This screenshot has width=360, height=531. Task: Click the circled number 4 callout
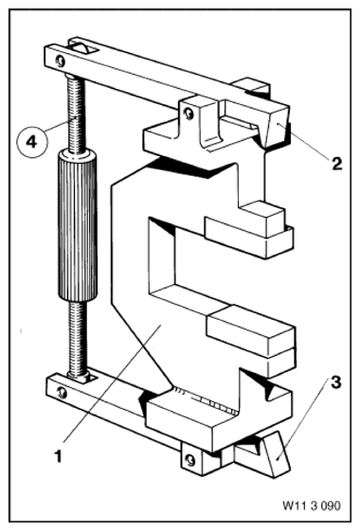click(x=32, y=142)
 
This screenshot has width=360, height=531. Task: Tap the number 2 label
click(x=336, y=165)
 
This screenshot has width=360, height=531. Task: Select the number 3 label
click(x=335, y=383)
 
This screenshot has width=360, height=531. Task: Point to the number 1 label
click(x=59, y=456)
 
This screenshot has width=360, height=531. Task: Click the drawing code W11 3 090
click(x=311, y=505)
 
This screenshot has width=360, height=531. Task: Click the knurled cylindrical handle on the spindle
click(x=77, y=226)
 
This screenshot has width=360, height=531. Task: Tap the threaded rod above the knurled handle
click(x=76, y=114)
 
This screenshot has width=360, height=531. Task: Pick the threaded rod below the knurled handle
click(x=78, y=338)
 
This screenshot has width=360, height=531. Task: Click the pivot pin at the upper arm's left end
click(x=61, y=61)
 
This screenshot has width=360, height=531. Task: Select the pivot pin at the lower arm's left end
click(x=62, y=392)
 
